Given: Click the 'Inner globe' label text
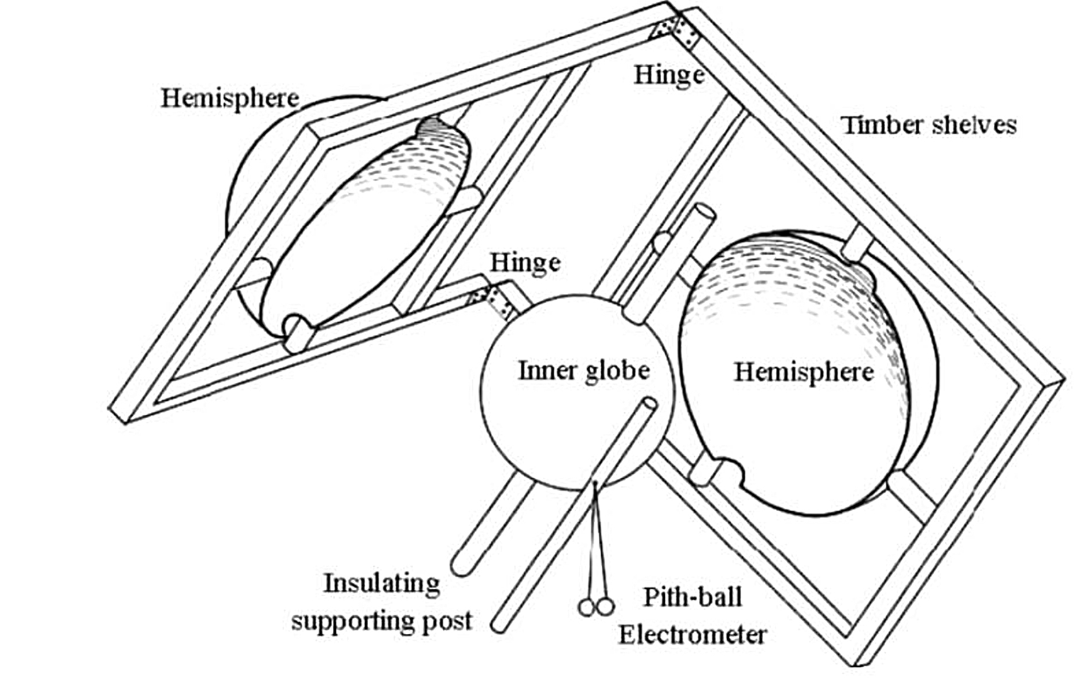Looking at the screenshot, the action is (584, 370).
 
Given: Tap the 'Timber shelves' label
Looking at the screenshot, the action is (929, 124).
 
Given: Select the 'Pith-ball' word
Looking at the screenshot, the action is (692, 597).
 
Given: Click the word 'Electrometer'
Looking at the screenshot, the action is (692, 634).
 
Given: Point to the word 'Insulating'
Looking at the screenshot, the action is (382, 584).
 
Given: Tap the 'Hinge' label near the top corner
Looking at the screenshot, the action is (669, 75).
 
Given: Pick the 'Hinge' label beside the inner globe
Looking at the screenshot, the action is (525, 263).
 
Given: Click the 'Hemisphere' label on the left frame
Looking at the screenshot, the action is (229, 98).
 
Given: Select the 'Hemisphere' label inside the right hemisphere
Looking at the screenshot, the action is (804, 372).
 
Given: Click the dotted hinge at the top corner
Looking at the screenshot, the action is (677, 32).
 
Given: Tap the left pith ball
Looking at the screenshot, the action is (586, 607).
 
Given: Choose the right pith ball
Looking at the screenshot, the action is (605, 606).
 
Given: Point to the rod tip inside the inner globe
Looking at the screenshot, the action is (650, 404).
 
